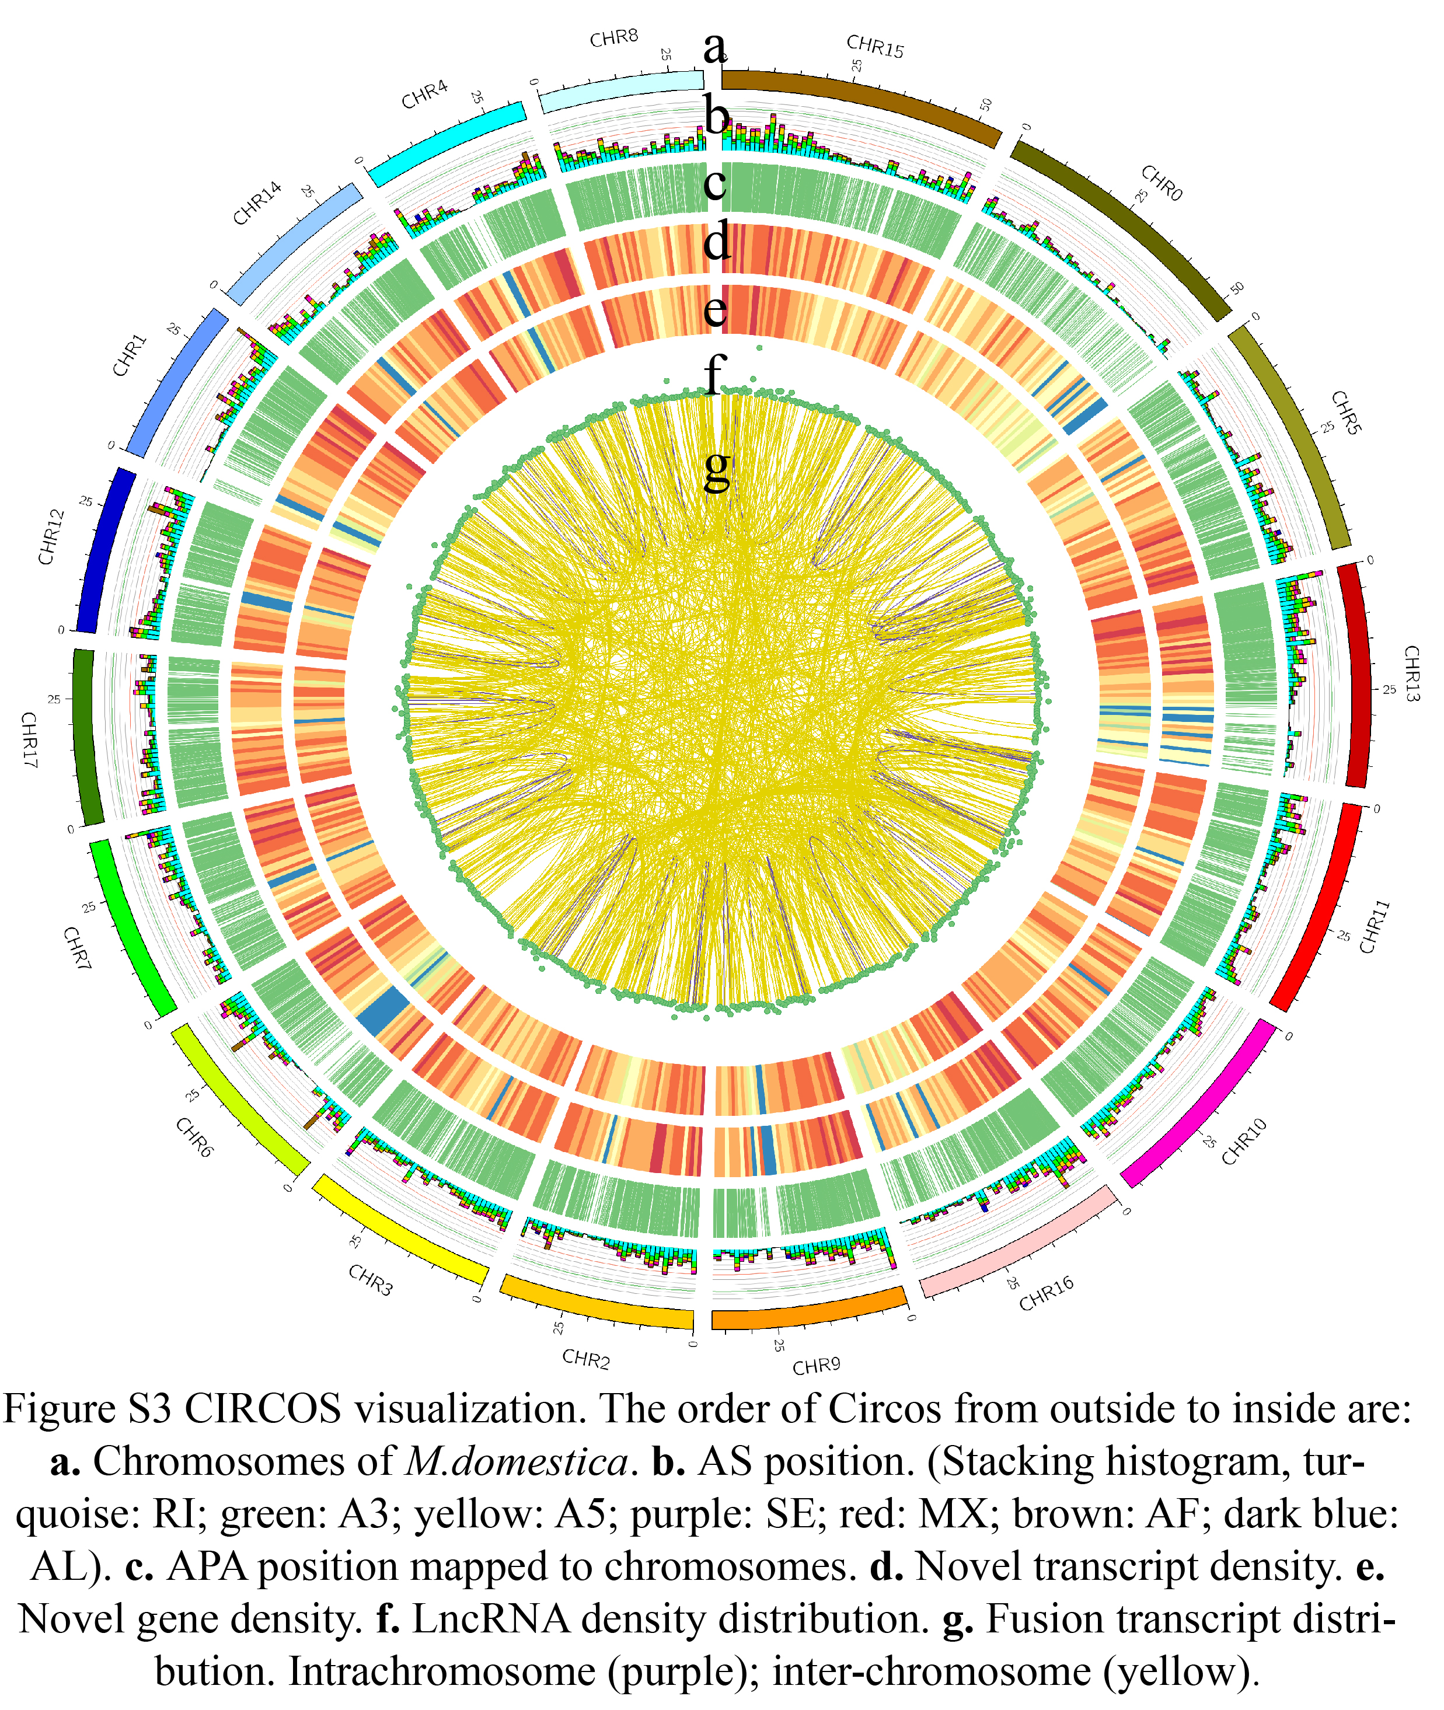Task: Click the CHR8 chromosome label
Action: coord(614,39)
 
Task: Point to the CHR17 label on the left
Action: coord(29,740)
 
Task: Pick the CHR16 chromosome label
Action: coord(1046,1293)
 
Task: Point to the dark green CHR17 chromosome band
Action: coord(88,737)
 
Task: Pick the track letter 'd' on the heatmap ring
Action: coord(717,242)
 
